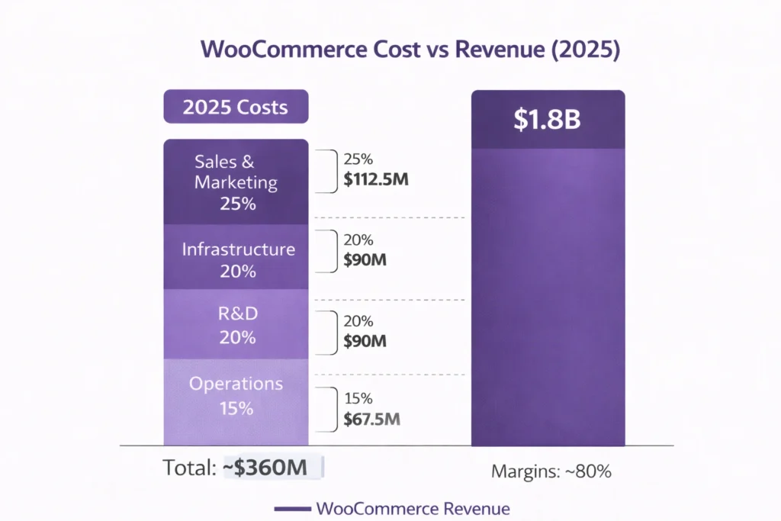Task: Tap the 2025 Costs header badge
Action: (x=236, y=106)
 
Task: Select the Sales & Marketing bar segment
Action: (x=236, y=182)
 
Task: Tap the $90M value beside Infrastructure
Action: (x=365, y=259)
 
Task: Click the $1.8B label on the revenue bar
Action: (x=548, y=119)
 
